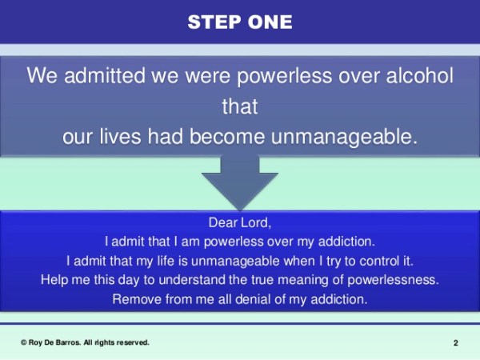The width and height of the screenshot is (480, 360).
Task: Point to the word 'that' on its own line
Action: [x=240, y=106]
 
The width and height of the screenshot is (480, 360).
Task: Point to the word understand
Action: [x=197, y=280]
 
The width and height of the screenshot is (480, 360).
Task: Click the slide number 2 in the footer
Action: [x=456, y=343]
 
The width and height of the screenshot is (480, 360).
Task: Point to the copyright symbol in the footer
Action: [x=25, y=342]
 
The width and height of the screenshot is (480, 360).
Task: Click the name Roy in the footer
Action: [x=38, y=342]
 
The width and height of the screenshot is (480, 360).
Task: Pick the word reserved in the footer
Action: [x=130, y=342]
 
